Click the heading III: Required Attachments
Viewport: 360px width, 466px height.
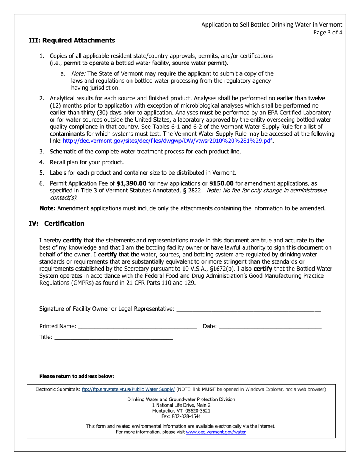[x=72, y=40]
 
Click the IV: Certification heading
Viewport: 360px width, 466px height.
[x=57, y=224]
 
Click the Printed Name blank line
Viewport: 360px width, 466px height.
[x=138, y=327]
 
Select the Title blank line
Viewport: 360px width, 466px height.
[x=114, y=337]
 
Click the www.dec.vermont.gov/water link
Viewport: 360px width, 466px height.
[x=216, y=432]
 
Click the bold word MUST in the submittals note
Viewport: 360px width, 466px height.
[x=208, y=389]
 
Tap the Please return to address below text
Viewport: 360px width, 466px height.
[x=77, y=376]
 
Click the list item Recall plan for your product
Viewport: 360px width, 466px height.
[x=87, y=162]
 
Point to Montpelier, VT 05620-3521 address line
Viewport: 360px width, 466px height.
[x=181, y=411]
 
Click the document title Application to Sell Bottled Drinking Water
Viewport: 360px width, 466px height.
[x=271, y=25]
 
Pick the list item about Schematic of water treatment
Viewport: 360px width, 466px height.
[x=146, y=152]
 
